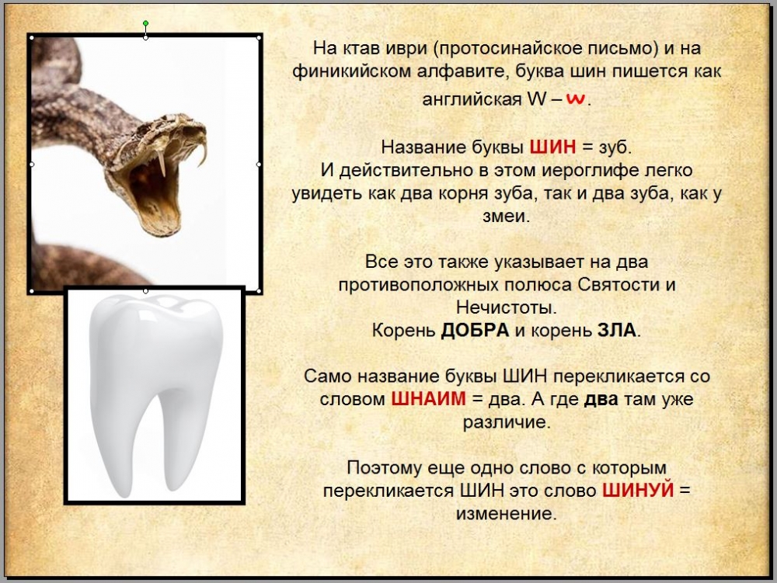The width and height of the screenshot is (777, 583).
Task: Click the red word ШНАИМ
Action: point(428,398)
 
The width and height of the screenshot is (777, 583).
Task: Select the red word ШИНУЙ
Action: point(638,490)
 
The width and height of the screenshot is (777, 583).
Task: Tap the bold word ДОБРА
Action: point(475,330)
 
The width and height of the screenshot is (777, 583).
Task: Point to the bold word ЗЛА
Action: point(616,330)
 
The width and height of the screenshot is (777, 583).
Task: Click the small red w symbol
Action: point(575,99)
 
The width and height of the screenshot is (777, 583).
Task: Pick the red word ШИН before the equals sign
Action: point(552,147)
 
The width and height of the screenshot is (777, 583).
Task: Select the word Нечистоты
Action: point(506,307)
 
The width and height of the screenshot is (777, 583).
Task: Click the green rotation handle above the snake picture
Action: point(145,23)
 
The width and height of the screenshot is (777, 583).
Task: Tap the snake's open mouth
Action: point(152,193)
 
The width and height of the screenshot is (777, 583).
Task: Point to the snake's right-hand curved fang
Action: point(202,150)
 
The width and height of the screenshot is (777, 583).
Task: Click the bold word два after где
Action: point(601,399)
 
